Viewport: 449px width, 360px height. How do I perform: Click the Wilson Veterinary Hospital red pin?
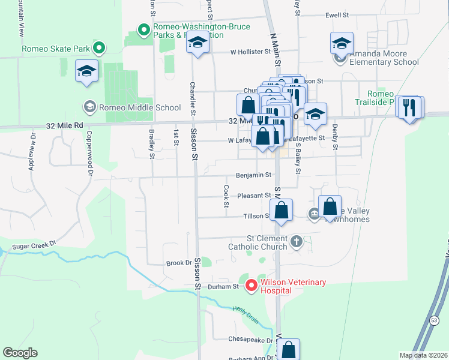[251, 286]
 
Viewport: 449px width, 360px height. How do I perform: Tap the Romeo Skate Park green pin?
[101, 47]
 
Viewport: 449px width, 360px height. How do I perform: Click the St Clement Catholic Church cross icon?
[295, 242]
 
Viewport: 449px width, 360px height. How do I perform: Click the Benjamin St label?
[255, 175]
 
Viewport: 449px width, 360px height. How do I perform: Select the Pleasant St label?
[254, 196]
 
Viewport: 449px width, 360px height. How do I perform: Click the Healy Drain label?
[246, 314]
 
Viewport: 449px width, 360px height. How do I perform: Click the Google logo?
[20, 353]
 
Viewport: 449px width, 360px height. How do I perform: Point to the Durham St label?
[228, 287]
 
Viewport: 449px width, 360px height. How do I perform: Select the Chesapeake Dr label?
[250, 339]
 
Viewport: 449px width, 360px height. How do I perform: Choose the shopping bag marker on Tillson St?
[281, 211]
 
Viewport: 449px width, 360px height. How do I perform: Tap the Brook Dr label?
[179, 263]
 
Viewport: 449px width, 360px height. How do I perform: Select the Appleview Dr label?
[31, 152]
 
